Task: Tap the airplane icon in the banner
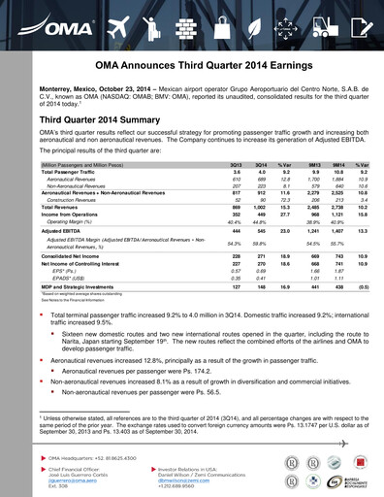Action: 119,18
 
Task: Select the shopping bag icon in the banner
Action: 219,18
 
